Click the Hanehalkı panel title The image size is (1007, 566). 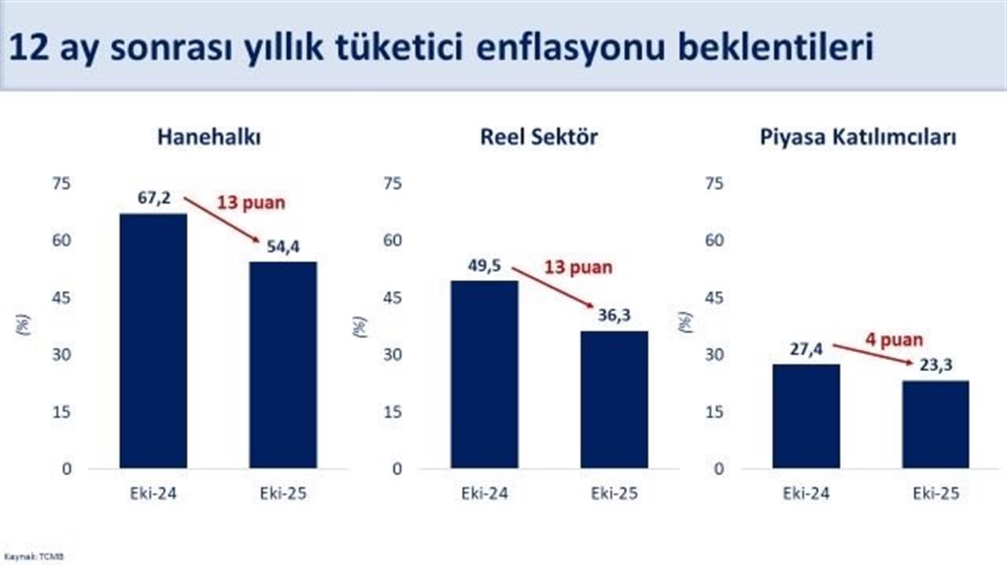208,137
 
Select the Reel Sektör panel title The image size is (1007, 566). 539,137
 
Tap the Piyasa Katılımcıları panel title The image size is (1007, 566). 858,137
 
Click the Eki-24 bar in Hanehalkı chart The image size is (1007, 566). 153,341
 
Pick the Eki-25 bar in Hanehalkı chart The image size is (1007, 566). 283,365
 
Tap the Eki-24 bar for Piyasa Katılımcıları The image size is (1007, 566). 806,416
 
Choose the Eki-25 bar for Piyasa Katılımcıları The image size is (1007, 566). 935,424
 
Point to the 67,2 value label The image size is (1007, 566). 153,199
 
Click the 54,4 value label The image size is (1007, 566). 283,248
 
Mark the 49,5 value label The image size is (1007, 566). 485,266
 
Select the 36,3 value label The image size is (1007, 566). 614,316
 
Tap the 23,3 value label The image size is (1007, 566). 935,365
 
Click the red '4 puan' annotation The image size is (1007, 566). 894,340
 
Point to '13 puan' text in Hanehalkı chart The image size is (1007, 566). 251,202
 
